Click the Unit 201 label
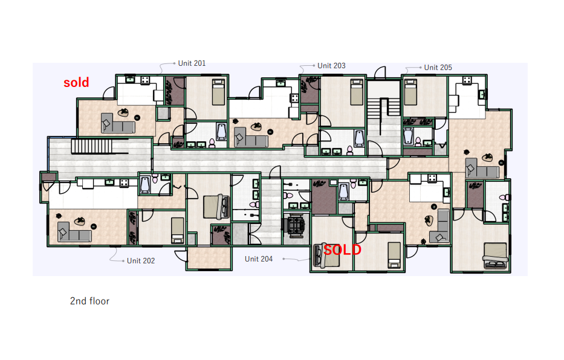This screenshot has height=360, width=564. pyautogui.click(x=192, y=63)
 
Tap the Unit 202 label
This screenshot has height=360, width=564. pyautogui.click(x=141, y=261)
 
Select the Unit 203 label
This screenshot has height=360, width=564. pyautogui.click(x=331, y=66)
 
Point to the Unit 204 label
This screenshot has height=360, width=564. pyautogui.click(x=259, y=259)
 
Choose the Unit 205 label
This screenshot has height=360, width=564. pyautogui.click(x=438, y=68)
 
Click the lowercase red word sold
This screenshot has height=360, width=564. pyautogui.click(x=76, y=82)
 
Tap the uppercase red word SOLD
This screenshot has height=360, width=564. pyautogui.click(x=342, y=249)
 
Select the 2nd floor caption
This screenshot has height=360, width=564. pyautogui.click(x=89, y=301)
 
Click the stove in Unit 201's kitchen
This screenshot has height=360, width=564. pyautogui.click(x=145, y=80)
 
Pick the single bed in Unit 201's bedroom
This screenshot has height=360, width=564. pyautogui.click(x=218, y=92)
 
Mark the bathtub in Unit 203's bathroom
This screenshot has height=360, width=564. pyautogui.click(x=359, y=138)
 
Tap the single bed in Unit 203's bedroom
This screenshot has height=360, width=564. pyautogui.click(x=357, y=92)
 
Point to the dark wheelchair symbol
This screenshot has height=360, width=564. pyautogui.click(x=294, y=225)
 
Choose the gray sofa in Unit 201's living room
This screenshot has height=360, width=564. pyautogui.click(x=118, y=123)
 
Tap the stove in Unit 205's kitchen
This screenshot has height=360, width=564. pyautogui.click(x=467, y=80)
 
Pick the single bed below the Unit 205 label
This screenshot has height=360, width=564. pyautogui.click(x=410, y=92)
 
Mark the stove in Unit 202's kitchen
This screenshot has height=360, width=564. pyautogui.click(x=124, y=182)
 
